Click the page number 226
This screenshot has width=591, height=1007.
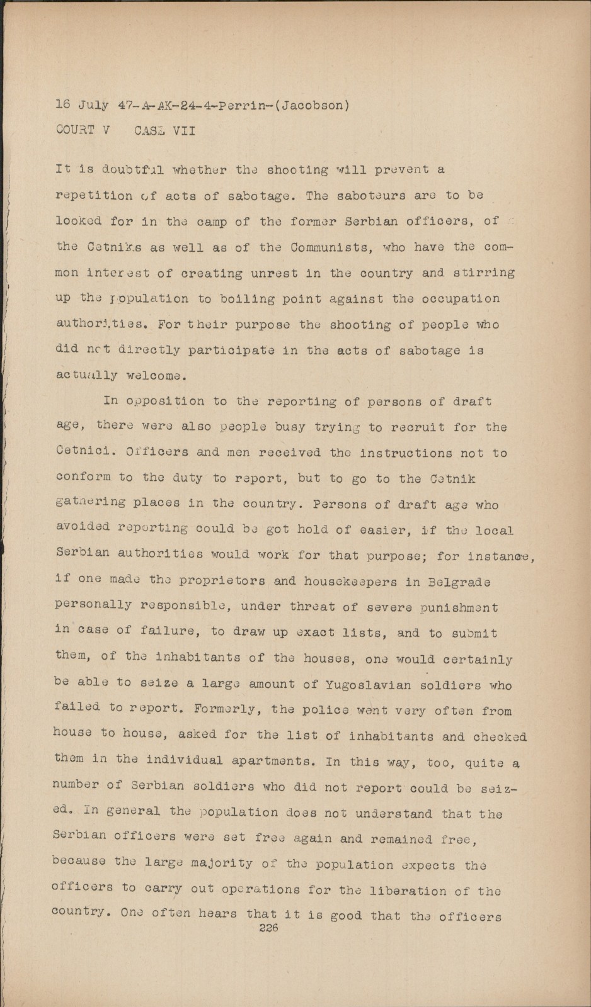(269, 928)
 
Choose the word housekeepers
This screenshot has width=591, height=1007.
(341, 581)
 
